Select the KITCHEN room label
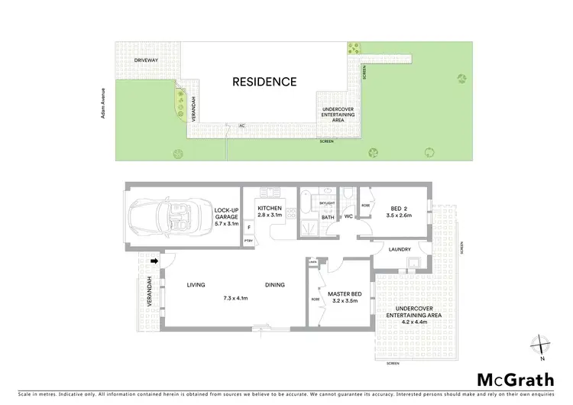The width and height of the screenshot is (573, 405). pos(270,208)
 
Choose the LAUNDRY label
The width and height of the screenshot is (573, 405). pos(400,249)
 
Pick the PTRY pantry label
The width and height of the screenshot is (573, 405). pos(248,241)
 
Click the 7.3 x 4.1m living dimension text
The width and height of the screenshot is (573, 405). pos(235,298)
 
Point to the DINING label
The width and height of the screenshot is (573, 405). pos(275,285)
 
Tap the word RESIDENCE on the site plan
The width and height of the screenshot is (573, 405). pos(264,82)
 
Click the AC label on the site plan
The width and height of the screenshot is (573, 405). pos(241,125)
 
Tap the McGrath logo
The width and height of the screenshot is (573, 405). pos(516,379)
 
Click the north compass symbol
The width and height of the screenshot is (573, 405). pos(541,346)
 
